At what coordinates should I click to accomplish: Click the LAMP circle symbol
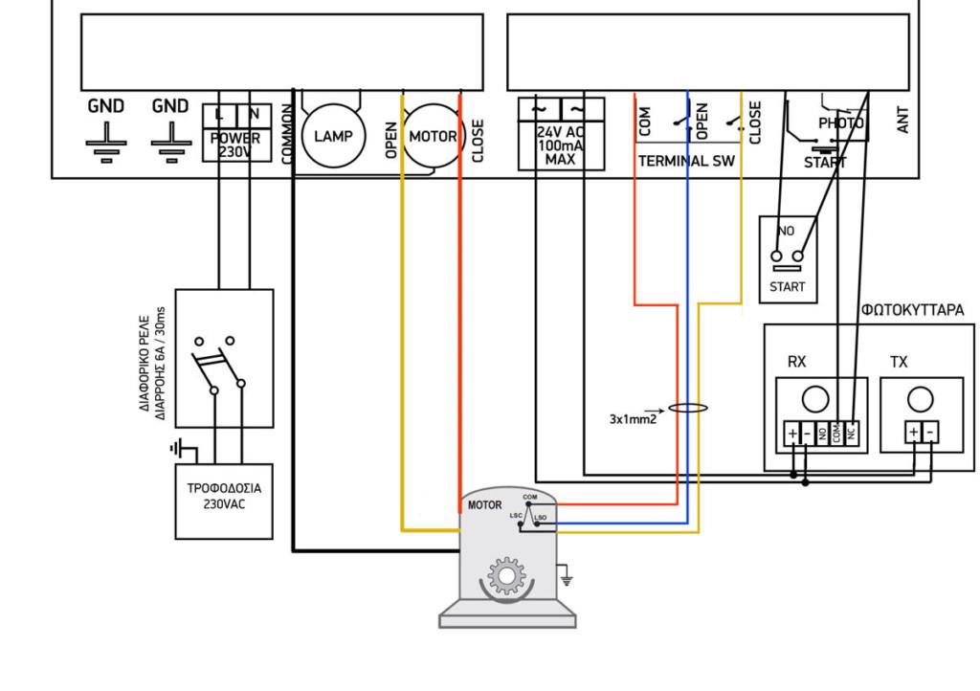pyautogui.click(x=332, y=136)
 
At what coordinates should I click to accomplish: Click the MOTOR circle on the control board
pyautogui.click(x=433, y=136)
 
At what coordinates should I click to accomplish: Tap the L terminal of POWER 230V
pyautogui.click(x=219, y=114)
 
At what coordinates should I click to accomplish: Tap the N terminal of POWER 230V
pyautogui.click(x=254, y=114)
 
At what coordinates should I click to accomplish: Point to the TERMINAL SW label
pyautogui.click(x=686, y=162)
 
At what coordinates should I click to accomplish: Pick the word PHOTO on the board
pyautogui.click(x=840, y=123)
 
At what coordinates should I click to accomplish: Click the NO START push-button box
pyautogui.click(x=788, y=258)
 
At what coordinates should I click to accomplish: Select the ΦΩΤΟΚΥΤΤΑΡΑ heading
pyautogui.click(x=912, y=310)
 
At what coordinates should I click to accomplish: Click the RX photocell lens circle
pyautogui.click(x=814, y=398)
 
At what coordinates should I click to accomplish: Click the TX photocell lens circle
pyautogui.click(x=920, y=398)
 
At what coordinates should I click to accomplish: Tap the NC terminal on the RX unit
pyautogui.click(x=851, y=434)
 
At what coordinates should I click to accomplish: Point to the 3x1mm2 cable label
pyautogui.click(x=633, y=418)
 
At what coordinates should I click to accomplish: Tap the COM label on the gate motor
pyautogui.click(x=530, y=497)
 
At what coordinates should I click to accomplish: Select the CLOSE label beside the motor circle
pyautogui.click(x=478, y=141)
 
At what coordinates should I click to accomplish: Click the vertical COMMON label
pyautogui.click(x=287, y=133)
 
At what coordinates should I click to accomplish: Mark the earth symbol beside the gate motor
pyautogui.click(x=566, y=577)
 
